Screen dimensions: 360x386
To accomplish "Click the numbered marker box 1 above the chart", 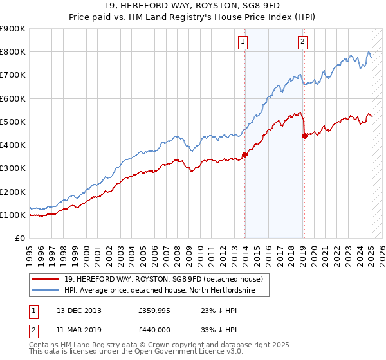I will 243,42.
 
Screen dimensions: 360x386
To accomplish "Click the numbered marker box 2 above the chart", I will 302,42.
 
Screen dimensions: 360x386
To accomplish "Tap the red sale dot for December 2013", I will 244,154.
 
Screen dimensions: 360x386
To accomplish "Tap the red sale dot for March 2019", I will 304,135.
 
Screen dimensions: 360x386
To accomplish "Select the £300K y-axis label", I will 14,168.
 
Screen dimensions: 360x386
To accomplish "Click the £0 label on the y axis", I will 20,239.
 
